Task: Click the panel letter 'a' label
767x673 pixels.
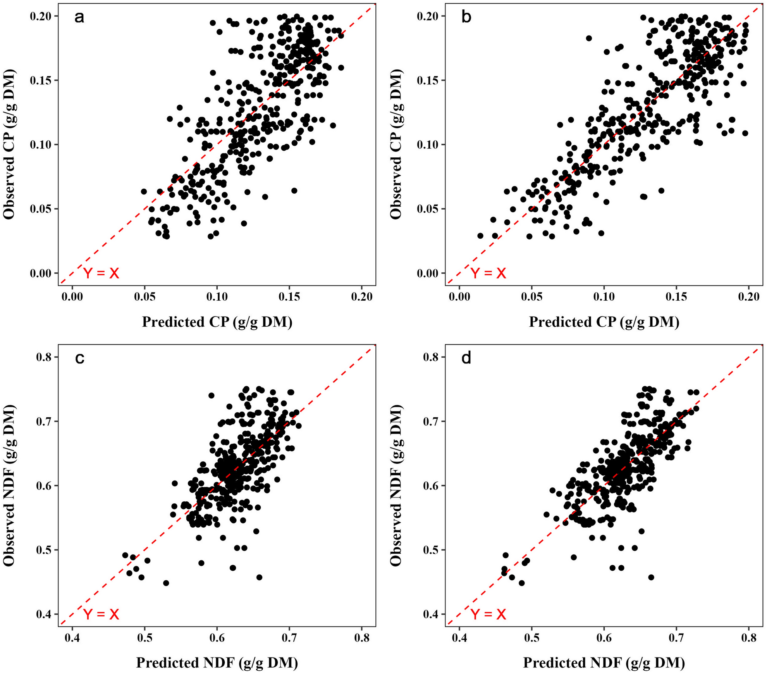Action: point(79,18)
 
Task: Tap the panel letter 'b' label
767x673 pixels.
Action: point(466,18)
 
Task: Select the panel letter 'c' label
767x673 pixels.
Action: point(79,359)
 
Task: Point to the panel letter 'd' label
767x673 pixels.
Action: point(466,359)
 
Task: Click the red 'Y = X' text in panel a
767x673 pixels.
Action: point(101,274)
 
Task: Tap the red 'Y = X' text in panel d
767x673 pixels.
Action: point(488,614)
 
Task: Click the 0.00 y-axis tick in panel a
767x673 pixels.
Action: point(40,274)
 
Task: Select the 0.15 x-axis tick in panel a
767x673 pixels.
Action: point(289,297)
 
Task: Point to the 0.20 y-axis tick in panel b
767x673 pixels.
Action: point(427,16)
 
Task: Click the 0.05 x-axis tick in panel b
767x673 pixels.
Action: point(531,297)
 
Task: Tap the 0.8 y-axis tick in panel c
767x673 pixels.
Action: point(44,357)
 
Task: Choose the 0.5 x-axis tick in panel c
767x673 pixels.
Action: point(144,638)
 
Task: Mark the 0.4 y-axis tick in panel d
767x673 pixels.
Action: point(431,614)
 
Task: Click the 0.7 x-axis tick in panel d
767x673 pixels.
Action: point(676,638)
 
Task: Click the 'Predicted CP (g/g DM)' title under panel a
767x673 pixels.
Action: point(217,322)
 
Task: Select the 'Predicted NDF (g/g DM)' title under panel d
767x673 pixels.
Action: point(604,663)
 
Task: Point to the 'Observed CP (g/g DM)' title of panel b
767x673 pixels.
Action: point(396,144)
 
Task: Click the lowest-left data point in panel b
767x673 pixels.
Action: point(480,236)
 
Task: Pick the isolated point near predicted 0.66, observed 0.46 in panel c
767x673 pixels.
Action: point(259,577)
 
